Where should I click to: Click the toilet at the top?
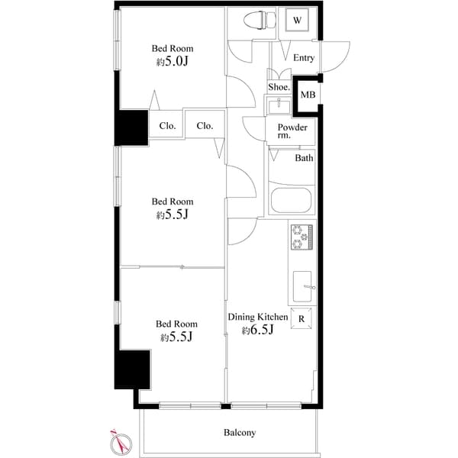coord(257,21)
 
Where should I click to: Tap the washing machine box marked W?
coord(297,21)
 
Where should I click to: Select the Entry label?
coord(303,58)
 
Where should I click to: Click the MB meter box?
coord(307,94)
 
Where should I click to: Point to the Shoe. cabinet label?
coord(279,87)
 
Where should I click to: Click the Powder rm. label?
coord(292,131)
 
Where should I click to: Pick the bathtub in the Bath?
coord(290,203)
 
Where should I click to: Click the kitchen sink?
coord(302,286)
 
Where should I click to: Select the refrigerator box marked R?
coord(302,319)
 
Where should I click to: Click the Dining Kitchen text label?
coord(258,317)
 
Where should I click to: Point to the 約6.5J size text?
coord(257,331)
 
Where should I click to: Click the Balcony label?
coord(240,433)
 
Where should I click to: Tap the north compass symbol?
coord(119,440)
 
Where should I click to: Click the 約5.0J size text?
coord(172,63)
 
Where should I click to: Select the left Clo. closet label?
coord(167,126)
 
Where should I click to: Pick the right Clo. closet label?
coord(204,126)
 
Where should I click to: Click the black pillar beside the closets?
coord(131,127)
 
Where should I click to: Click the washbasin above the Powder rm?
coord(273,105)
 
